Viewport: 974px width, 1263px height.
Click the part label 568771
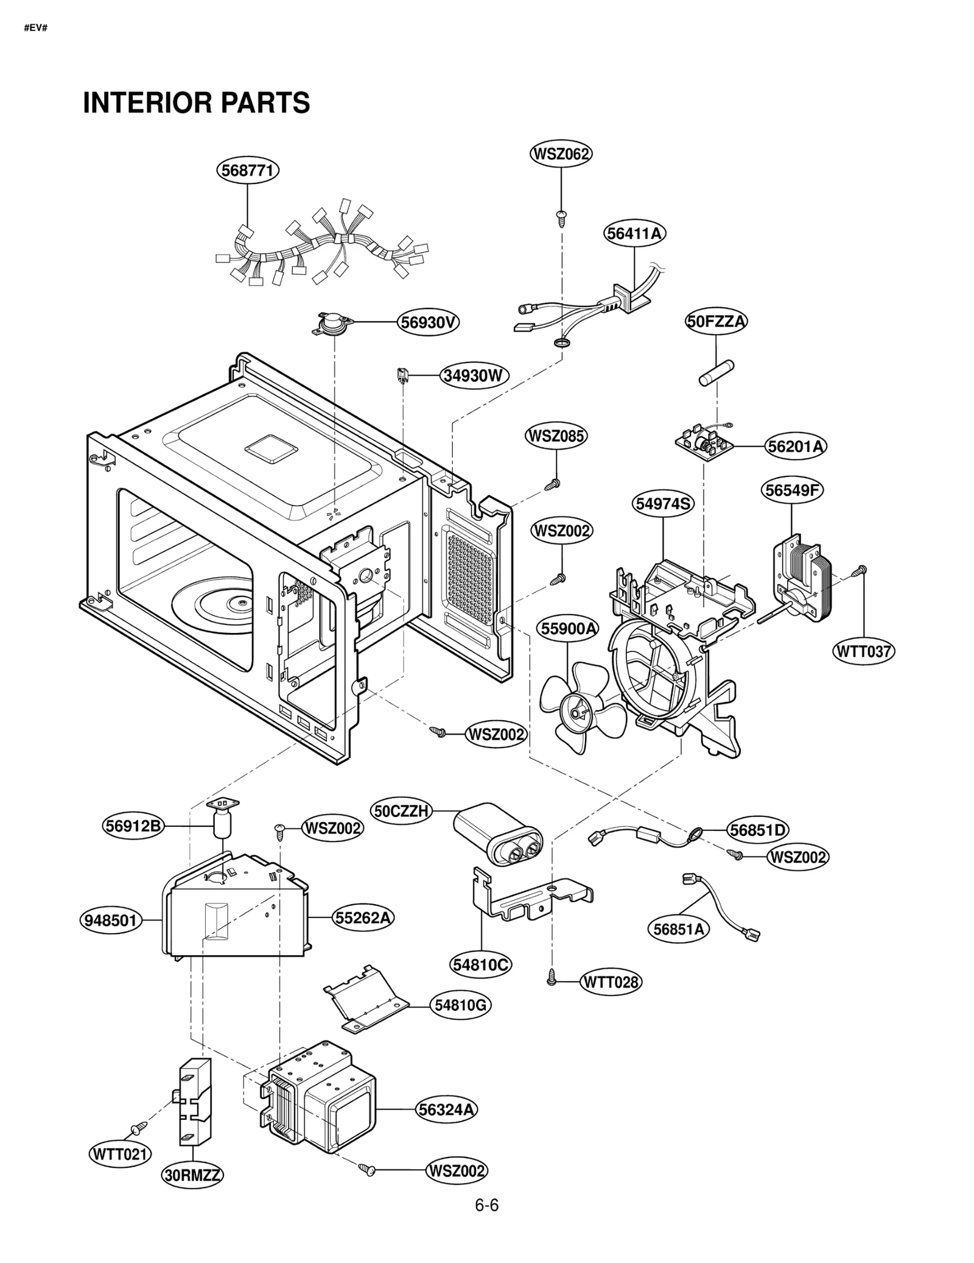point(248,170)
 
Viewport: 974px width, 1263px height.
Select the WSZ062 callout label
point(561,154)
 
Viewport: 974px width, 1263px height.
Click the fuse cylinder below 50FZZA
point(716,373)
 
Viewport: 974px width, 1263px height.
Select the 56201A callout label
point(795,446)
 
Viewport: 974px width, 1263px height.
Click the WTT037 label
point(863,651)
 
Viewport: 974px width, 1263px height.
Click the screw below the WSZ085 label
point(553,484)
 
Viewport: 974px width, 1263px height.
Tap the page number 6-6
point(486,1205)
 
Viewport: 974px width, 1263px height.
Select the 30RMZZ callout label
point(192,1175)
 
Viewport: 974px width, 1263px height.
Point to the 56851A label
point(678,929)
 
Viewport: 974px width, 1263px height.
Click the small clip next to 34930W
point(402,375)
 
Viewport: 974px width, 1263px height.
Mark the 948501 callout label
point(111,919)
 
